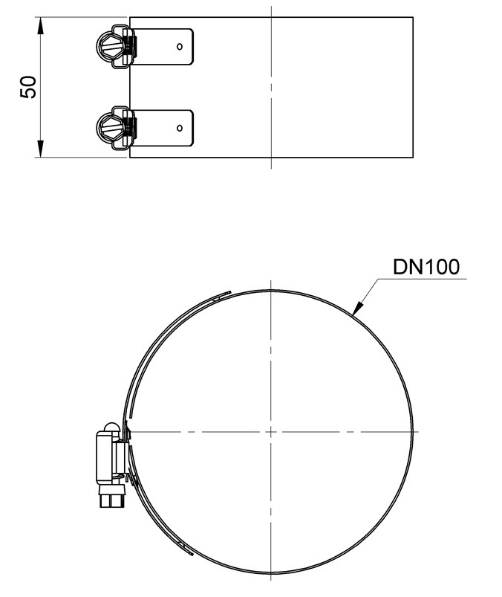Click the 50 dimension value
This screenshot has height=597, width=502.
[x=28, y=87]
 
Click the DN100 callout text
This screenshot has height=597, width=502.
[x=426, y=267]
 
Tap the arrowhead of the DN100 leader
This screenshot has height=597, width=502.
[x=356, y=309]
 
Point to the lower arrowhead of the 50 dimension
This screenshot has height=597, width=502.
[x=40, y=149]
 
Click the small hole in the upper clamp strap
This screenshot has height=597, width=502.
[x=180, y=46]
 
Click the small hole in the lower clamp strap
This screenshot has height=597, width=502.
[x=180, y=128]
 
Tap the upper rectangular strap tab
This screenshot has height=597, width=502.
[x=163, y=46]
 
